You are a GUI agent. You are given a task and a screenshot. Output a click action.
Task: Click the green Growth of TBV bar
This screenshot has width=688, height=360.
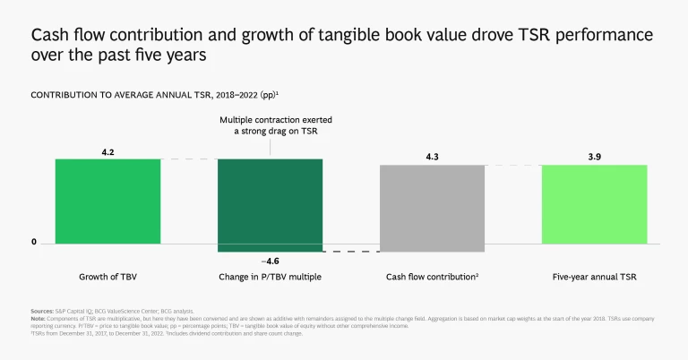107,201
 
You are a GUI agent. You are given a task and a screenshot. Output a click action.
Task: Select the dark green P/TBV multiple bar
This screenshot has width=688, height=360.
271,201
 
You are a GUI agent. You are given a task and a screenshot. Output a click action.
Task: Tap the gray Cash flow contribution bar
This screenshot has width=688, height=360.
432,203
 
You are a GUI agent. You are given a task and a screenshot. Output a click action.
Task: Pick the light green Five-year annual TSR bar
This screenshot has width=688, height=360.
594,203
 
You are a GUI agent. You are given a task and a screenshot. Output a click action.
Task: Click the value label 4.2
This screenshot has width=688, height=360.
107,151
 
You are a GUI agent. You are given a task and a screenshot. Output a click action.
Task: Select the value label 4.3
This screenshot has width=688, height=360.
432,158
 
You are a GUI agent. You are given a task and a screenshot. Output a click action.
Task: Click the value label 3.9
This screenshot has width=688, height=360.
594,158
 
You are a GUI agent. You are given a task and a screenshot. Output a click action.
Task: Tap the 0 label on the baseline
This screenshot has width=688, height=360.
34,243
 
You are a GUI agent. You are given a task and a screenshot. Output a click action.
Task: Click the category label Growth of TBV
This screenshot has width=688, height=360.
107,277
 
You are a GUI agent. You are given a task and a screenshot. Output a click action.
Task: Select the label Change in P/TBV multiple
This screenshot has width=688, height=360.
271,277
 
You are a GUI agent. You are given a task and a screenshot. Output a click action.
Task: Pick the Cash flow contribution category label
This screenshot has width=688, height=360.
432,277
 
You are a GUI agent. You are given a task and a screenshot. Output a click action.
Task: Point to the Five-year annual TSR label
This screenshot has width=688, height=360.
594,277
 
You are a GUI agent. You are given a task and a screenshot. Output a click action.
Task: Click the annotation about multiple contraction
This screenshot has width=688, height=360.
271,125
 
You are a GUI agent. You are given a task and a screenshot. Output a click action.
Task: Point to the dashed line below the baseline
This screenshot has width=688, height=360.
350,252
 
